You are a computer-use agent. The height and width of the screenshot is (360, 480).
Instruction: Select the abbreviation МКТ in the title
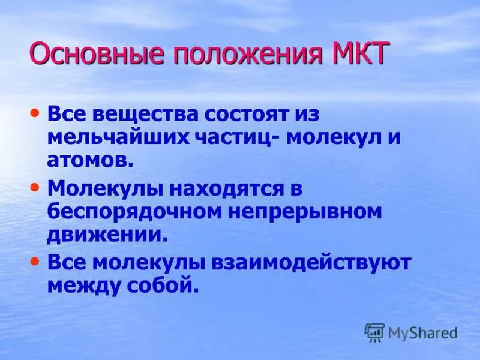pyautogui.click(x=358, y=55)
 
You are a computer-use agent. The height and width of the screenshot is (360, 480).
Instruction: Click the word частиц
pyautogui.click(x=232, y=137)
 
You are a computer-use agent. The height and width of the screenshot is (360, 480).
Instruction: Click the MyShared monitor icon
pyautogui.click(x=374, y=332)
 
